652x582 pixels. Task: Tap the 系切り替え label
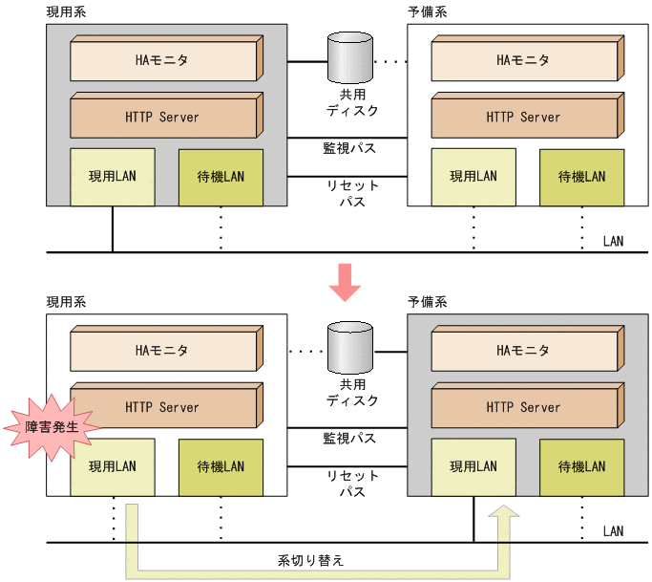311,560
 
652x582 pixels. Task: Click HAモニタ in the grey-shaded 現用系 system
162,60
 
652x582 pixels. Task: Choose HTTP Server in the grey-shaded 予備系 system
523,407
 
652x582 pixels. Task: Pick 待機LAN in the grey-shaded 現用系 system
221,177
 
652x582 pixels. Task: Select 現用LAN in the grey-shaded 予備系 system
473,467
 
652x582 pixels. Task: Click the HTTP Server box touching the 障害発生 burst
162,407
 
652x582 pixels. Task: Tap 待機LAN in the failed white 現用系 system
221,467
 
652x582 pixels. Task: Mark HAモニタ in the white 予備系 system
523,60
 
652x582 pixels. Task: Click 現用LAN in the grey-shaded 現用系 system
113,177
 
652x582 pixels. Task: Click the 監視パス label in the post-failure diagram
349,439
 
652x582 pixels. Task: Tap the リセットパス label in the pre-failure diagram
352,193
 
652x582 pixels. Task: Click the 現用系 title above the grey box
66,12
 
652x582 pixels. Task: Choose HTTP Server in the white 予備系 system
523,118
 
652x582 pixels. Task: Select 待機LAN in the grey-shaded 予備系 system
581,467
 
